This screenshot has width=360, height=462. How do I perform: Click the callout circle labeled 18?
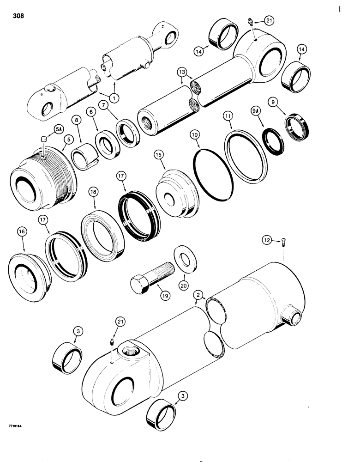pyautogui.click(x=94, y=204)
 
